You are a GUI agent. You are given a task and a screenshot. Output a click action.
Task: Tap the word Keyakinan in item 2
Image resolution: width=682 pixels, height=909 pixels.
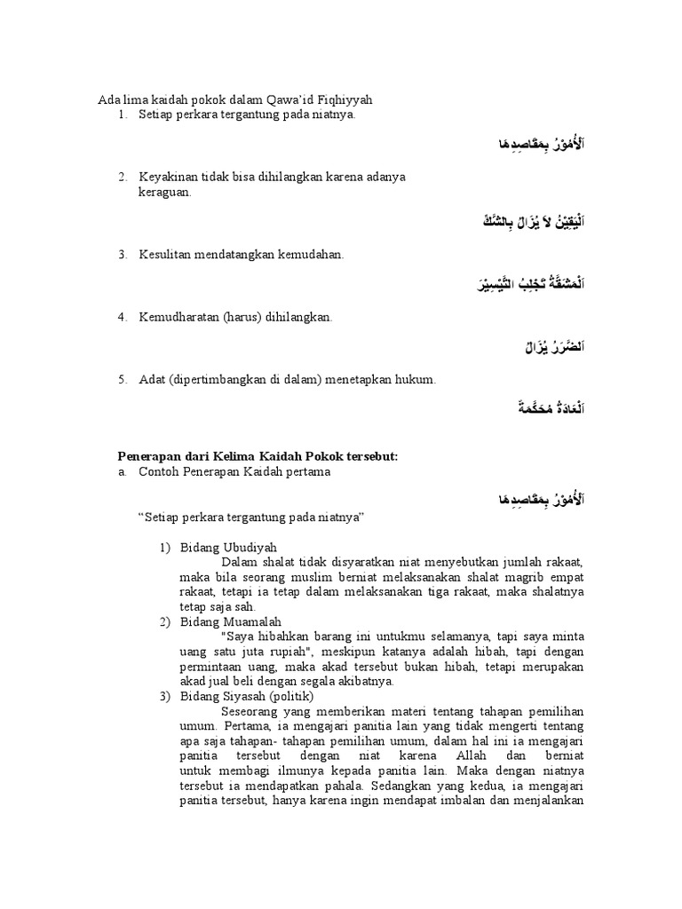click(166, 177)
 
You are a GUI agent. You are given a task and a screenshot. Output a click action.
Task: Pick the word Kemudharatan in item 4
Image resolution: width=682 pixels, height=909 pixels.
click(176, 317)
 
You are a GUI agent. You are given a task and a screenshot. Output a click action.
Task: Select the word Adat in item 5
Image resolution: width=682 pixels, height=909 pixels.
click(151, 379)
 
